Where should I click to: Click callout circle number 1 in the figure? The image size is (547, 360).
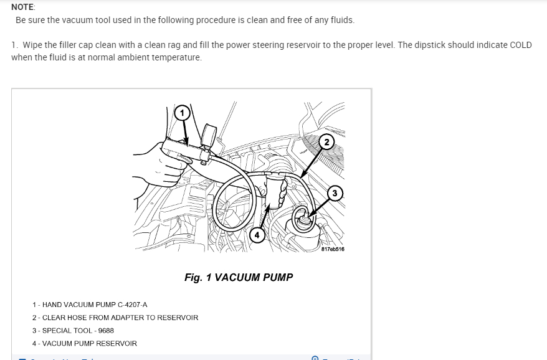point(181,113)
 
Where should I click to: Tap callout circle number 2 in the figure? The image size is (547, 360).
point(327,141)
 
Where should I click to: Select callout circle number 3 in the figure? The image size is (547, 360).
point(335,193)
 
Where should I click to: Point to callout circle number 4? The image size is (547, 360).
point(257,234)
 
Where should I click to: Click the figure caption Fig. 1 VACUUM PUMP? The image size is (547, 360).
point(239,277)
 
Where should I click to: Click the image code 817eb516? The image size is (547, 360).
point(333,249)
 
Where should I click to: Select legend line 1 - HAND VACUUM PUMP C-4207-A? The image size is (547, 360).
point(90,305)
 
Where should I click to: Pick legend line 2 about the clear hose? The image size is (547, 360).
point(115,318)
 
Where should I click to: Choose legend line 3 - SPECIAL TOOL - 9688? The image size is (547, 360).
point(73,331)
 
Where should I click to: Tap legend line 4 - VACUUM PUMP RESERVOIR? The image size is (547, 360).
point(85,344)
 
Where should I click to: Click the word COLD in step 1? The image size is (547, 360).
point(520,45)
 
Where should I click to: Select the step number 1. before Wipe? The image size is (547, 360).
point(14,45)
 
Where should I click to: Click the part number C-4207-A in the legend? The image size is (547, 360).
point(131,305)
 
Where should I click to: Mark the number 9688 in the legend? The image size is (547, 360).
point(106,331)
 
